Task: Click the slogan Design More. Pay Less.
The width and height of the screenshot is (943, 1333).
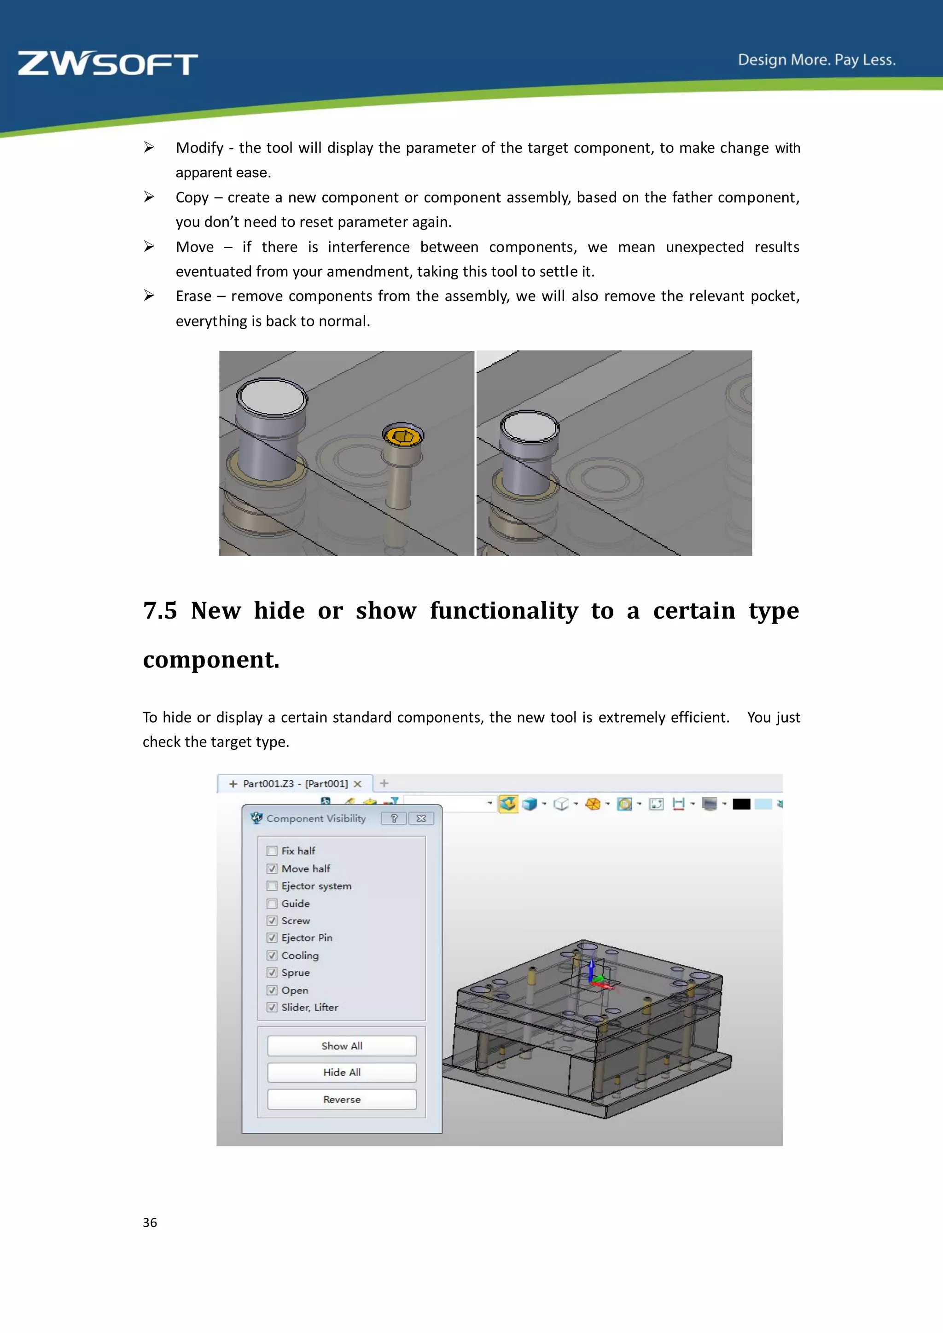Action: [816, 60]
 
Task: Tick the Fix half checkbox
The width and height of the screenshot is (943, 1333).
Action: [272, 851]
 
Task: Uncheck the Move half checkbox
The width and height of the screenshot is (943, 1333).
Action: [272, 869]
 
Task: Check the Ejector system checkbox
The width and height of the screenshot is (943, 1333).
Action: [272, 886]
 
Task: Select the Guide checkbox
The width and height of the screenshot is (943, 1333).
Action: [272, 904]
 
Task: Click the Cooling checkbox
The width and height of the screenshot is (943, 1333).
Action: [272, 956]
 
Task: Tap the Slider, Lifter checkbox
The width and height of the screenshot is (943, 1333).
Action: [272, 1007]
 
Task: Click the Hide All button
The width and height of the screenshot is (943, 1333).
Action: [342, 1072]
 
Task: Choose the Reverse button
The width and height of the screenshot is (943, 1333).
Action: [342, 1100]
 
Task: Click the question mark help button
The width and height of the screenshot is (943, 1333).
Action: [394, 818]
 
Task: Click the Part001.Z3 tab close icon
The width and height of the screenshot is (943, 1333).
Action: [358, 784]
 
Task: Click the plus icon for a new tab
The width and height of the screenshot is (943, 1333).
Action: [384, 783]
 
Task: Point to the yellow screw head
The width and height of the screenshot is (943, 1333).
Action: [403, 435]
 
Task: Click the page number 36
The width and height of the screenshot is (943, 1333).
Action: [150, 1223]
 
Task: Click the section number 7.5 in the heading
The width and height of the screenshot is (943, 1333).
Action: [160, 611]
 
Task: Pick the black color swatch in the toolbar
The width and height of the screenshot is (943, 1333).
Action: [741, 804]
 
